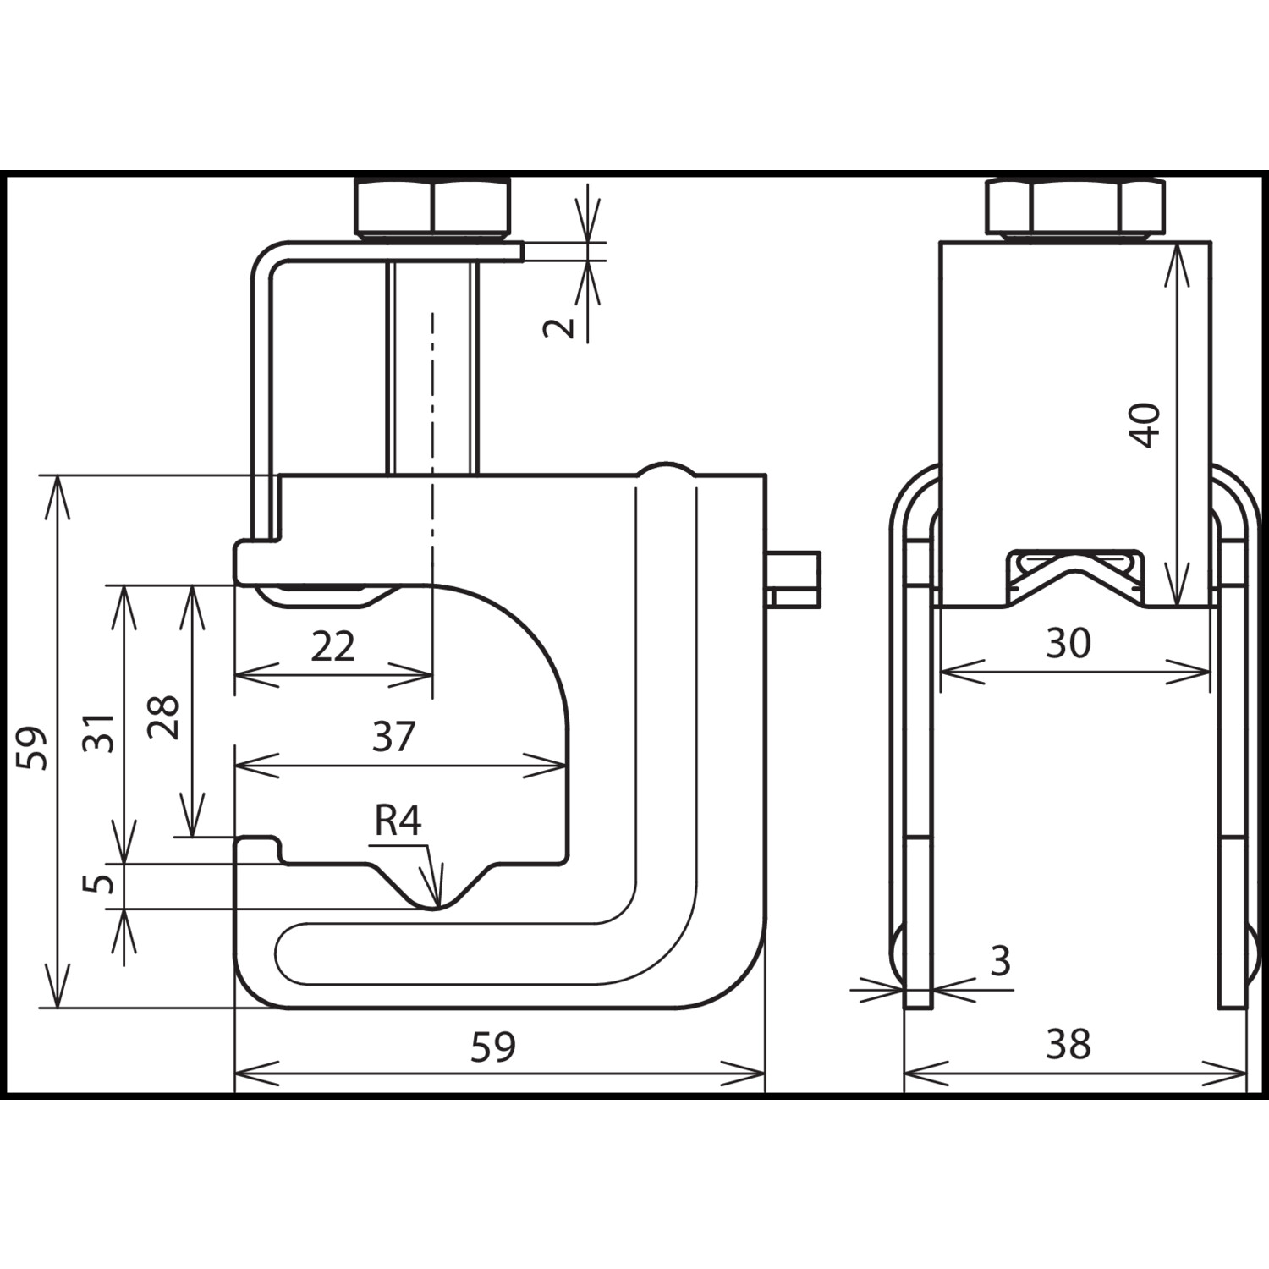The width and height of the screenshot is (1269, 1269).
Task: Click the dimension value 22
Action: point(332,647)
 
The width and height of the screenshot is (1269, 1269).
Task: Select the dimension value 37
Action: point(393,737)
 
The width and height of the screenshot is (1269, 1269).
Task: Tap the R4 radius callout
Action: point(398,821)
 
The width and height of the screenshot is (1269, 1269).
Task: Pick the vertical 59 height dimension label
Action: point(35,747)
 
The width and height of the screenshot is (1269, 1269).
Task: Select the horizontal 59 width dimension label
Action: point(493,1047)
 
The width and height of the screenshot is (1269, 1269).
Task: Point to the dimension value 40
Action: point(1145,426)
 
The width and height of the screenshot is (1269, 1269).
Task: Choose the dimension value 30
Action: point(1068,644)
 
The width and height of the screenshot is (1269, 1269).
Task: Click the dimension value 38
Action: point(1068,1045)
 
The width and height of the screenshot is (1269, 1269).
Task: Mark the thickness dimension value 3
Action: point(1001,961)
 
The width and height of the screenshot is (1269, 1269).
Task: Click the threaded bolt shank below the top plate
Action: point(433,368)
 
